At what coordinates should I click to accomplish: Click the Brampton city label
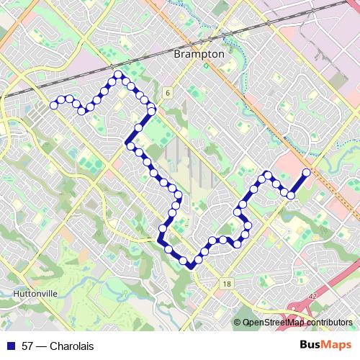tap(199, 54)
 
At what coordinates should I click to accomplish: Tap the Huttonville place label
tap(34, 294)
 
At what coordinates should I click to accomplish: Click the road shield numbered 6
tap(166, 93)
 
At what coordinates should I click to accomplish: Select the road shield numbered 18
tap(228, 284)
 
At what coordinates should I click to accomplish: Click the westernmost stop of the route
tap(53, 106)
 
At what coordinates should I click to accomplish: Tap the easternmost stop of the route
tap(306, 172)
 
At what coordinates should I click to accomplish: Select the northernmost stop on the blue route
tap(117, 75)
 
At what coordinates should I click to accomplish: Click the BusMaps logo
tap(325, 346)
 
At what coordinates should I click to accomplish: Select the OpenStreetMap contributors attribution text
tap(297, 323)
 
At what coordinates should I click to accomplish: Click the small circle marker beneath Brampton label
tap(205, 65)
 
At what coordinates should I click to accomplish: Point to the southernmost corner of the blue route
tap(191, 267)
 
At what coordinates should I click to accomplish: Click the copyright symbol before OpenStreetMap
tap(238, 323)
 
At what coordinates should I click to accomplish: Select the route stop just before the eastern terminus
tap(291, 194)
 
